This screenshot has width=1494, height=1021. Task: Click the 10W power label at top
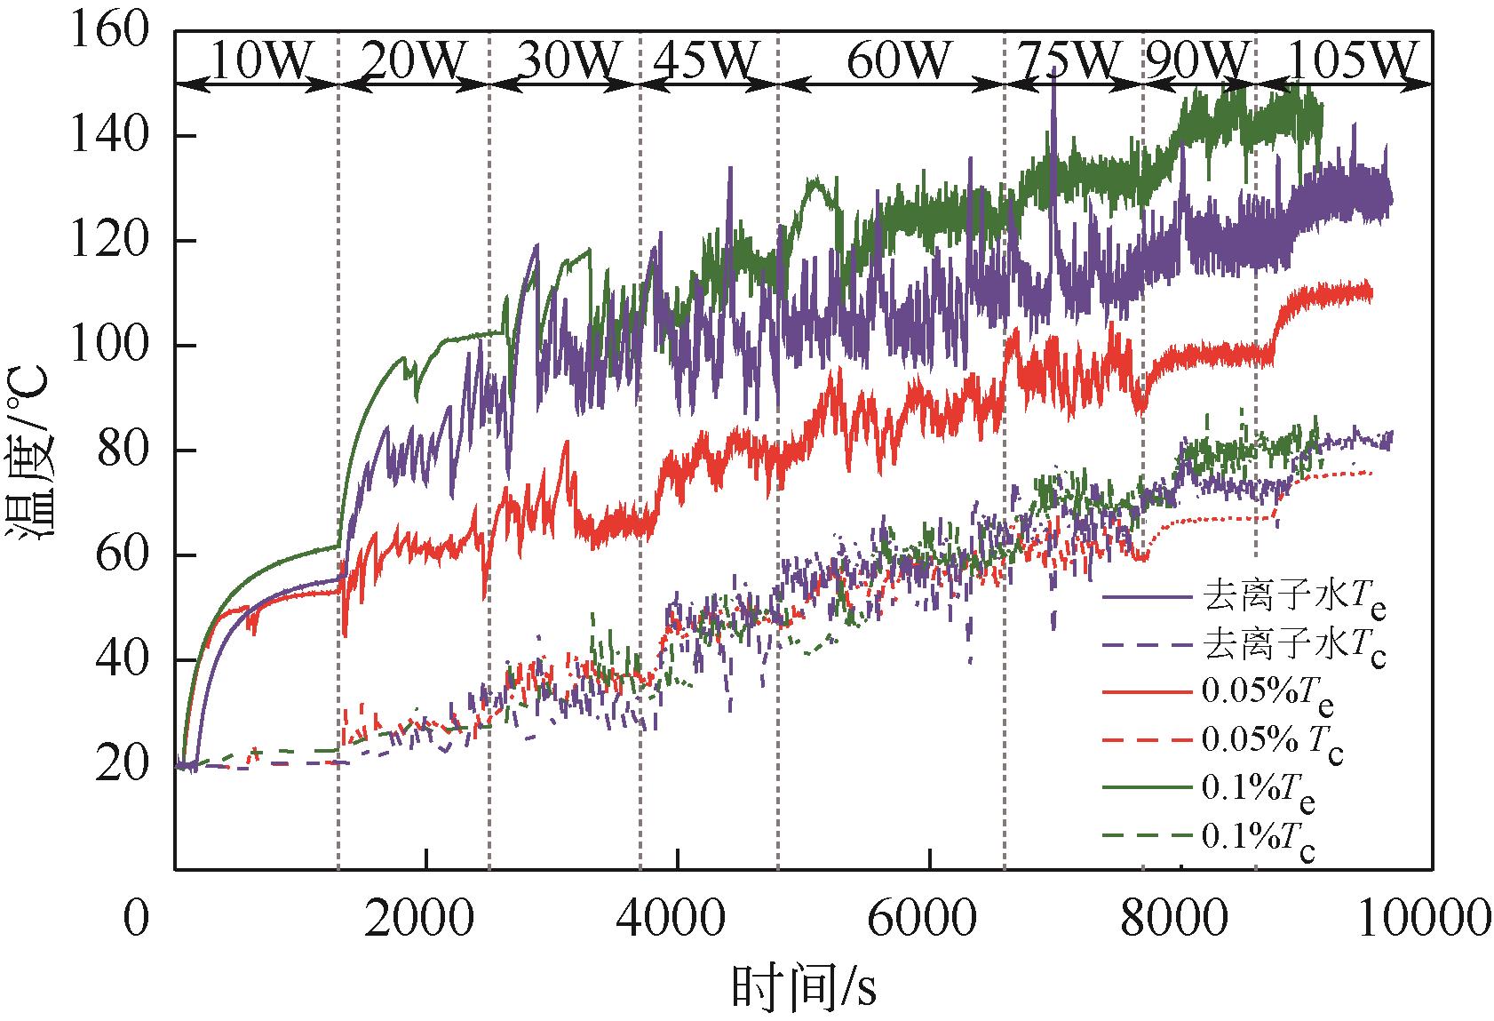(259, 60)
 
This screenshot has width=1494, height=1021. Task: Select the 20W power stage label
(414, 60)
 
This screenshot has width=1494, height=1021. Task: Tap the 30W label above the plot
(566, 60)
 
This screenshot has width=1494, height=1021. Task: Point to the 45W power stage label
(708, 60)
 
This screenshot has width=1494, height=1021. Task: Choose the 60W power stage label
(898, 60)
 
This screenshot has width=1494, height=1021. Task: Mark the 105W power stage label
(1350, 60)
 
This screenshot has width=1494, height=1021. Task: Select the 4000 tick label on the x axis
(678, 918)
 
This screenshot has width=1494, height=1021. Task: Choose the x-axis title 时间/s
(804, 987)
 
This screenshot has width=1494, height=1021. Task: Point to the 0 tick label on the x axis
(136, 918)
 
